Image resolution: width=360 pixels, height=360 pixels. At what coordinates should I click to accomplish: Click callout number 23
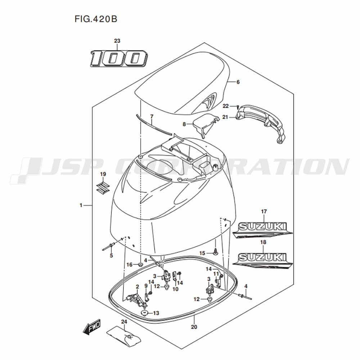point(117,41)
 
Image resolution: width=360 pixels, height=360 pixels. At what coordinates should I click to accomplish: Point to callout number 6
point(238,82)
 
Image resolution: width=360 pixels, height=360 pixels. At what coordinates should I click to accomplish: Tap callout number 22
point(225,106)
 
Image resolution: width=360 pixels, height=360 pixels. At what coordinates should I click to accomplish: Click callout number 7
point(152,116)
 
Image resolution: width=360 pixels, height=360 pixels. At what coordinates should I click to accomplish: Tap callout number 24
point(124,321)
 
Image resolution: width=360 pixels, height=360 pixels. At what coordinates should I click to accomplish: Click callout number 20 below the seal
point(194,327)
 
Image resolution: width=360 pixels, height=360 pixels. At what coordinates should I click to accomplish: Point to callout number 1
point(81,205)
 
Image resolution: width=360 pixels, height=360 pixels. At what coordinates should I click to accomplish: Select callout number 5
point(111,256)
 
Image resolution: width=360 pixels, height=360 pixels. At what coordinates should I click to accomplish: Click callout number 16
point(130,265)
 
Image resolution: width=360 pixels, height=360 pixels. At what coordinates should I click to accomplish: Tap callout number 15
point(202,253)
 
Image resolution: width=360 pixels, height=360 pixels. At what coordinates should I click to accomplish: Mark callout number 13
point(156,313)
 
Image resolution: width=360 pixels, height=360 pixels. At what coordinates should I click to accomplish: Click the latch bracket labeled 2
point(134,298)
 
